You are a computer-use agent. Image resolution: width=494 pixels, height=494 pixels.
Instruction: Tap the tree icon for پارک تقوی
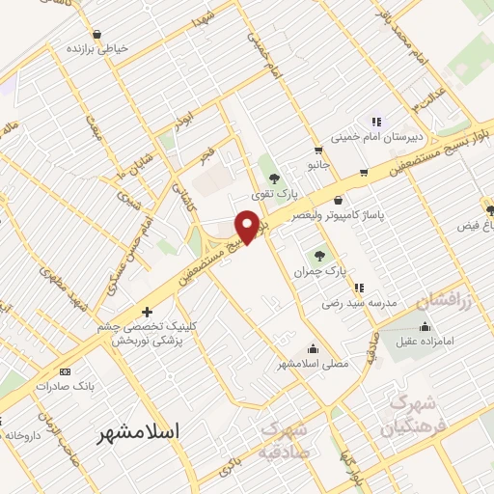click(x=274, y=178)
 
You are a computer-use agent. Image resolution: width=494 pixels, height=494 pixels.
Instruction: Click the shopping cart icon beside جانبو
click(x=317, y=151)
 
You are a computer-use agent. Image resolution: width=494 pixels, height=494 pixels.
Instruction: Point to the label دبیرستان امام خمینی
click(x=372, y=137)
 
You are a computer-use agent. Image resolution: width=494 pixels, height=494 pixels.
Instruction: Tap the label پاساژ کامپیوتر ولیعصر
click(x=376, y=215)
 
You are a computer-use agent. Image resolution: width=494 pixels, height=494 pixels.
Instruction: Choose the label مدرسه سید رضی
click(x=363, y=303)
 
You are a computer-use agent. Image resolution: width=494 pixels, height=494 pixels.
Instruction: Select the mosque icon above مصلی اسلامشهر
click(x=312, y=349)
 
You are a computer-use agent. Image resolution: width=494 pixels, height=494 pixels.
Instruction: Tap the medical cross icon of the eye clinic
click(x=147, y=312)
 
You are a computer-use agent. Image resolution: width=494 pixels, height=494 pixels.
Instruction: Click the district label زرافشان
click(x=446, y=302)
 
